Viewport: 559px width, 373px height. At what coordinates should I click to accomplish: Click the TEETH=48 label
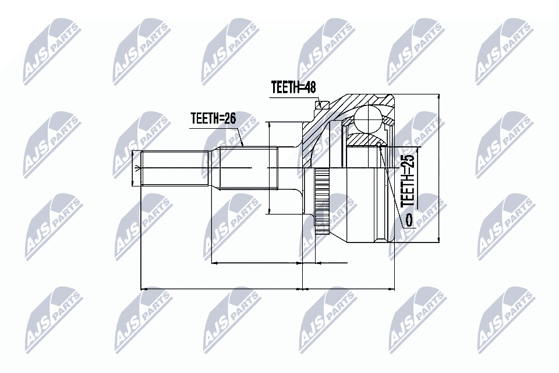coord(293,88)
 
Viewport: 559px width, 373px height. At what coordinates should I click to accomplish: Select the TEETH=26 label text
coord(213,118)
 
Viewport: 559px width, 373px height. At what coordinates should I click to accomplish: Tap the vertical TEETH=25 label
coord(409,181)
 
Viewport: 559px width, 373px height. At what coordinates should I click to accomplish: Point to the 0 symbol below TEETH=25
coord(409,220)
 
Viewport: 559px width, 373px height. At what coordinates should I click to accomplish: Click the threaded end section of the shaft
coord(175,168)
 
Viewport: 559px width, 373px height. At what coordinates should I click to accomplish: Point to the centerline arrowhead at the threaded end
coord(137,168)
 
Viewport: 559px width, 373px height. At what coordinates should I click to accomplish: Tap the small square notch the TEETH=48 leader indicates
coord(318,105)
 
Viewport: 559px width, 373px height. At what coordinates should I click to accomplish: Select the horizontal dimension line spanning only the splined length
coord(256,263)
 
